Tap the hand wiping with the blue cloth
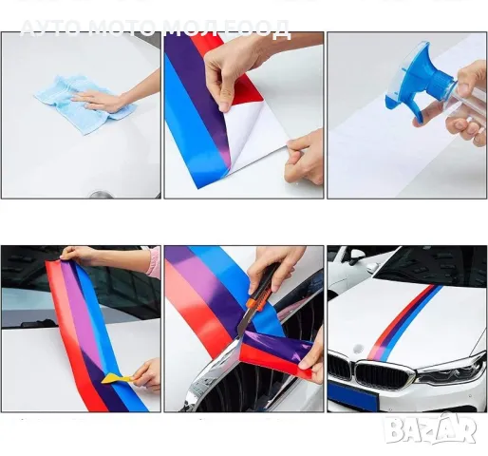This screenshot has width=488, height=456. (106, 98)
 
